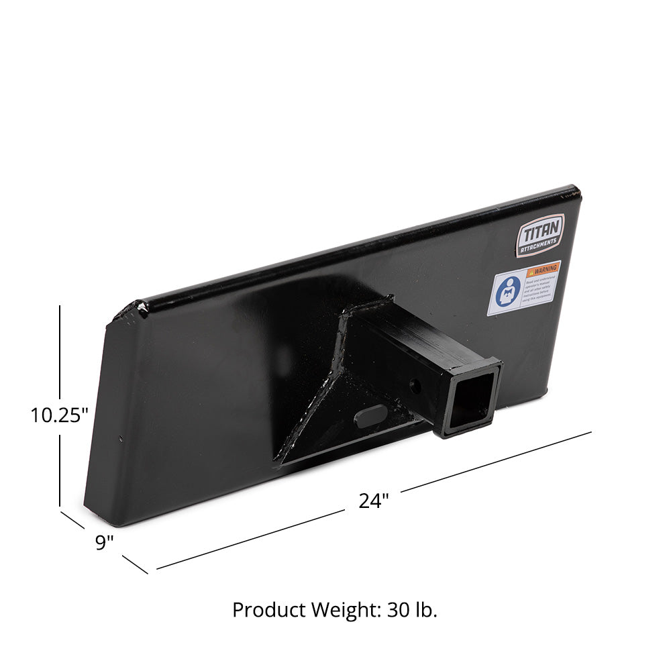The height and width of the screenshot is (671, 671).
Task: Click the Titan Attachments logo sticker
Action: (539, 235)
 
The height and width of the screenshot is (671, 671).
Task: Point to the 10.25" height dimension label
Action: (60, 415)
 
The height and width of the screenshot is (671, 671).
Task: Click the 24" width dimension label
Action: (373, 501)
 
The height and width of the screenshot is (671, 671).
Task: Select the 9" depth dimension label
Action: (104, 542)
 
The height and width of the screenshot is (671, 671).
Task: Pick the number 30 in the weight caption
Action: (400, 610)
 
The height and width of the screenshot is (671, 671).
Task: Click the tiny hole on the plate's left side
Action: (121, 440)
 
